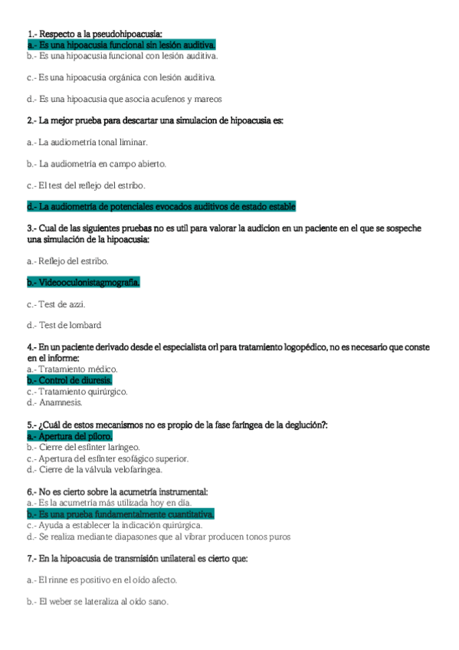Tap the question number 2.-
click(31, 120)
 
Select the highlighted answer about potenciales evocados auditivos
click(161, 206)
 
